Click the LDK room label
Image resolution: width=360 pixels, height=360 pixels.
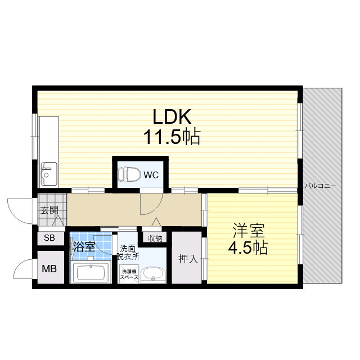pyautogui.click(x=172, y=116)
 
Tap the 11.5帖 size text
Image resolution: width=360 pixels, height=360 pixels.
pyautogui.click(x=172, y=137)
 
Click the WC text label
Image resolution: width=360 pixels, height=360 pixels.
pyautogui.click(x=151, y=175)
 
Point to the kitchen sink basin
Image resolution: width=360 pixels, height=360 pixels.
pyautogui.click(x=49, y=174)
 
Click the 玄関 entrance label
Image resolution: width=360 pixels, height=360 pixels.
pyautogui.click(x=49, y=210)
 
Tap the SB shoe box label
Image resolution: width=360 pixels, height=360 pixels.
pyautogui.click(x=49, y=238)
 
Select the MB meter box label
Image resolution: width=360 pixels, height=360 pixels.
pyautogui.click(x=49, y=269)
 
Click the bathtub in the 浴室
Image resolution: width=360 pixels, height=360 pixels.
pyautogui.click(x=91, y=272)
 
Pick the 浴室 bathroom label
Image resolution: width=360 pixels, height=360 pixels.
pyautogui.click(x=84, y=247)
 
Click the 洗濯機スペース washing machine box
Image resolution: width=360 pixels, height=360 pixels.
pyautogui.click(x=129, y=274)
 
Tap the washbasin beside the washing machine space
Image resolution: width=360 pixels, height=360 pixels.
pyautogui.click(x=153, y=274)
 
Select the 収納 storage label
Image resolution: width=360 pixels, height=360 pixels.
pyautogui.click(x=155, y=238)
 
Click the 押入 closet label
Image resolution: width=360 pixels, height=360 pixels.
pyautogui.click(x=188, y=259)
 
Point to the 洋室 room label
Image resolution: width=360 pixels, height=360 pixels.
pyautogui.click(x=249, y=231)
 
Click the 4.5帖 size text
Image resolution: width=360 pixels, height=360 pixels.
pyautogui.click(x=248, y=247)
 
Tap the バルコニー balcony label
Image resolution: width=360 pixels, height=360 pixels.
pyautogui.click(x=321, y=186)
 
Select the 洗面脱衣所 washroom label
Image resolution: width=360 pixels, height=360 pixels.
pyautogui.click(x=128, y=253)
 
